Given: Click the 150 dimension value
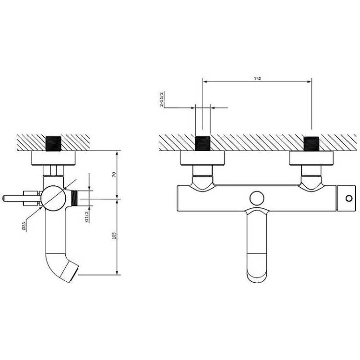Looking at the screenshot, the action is click(x=257, y=79).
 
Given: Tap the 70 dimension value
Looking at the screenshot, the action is click(x=114, y=175).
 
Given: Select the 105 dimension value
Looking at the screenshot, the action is click(x=114, y=236).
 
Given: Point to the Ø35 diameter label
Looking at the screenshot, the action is click(x=24, y=226).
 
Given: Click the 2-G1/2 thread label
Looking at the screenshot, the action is click(x=161, y=99).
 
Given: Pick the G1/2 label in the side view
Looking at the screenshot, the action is click(x=86, y=216).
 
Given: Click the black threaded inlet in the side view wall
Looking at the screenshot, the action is click(x=53, y=144).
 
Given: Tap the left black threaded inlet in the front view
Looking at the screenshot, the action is click(x=203, y=144).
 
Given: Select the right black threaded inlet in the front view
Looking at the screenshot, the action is click(x=312, y=144).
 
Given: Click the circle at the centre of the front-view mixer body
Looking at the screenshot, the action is click(x=257, y=198).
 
